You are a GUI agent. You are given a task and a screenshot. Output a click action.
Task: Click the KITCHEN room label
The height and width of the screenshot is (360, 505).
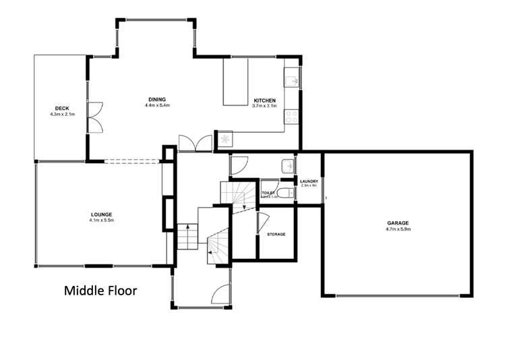coord(264,100)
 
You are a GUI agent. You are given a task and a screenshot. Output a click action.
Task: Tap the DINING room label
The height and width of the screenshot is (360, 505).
coord(157,100)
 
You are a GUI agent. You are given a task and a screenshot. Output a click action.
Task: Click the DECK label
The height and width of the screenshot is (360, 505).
coord(62,109)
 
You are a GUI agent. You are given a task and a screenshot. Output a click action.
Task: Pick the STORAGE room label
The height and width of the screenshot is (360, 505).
coord(276,234)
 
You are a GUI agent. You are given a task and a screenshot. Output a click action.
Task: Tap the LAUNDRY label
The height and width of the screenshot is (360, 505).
coord(309,181)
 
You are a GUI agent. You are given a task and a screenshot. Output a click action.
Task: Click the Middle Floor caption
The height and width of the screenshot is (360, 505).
coord(100,291)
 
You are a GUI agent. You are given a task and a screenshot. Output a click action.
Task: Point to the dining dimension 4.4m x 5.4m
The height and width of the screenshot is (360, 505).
coord(157,106)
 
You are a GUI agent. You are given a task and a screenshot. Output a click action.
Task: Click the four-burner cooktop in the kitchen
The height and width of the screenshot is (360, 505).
coord(291,117)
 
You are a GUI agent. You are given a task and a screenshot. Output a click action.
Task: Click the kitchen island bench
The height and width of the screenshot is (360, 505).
coord(235,82)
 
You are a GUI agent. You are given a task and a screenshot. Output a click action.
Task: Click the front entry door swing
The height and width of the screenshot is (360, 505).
coord(221,294)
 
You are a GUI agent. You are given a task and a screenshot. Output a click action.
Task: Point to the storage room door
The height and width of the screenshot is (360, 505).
coord(263,221)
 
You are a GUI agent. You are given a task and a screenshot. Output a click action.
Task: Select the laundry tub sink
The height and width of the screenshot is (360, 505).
coord(287,166)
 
